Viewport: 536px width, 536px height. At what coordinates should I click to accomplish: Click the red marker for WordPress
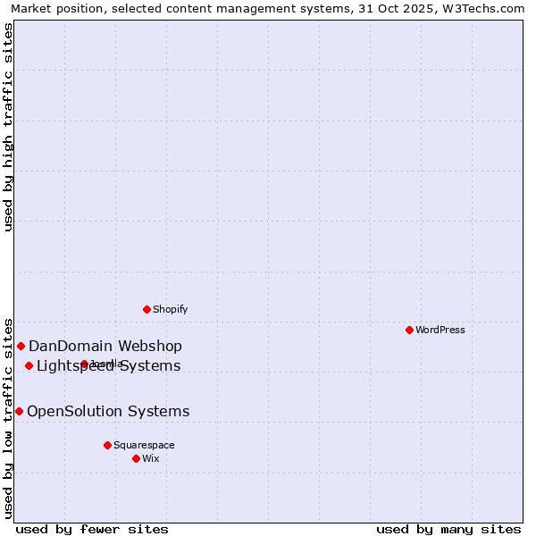[409, 330]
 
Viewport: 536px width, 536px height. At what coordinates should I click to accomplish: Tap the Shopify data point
[147, 309]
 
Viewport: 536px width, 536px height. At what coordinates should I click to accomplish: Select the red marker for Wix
[136, 458]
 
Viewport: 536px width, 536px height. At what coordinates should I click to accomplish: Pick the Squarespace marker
[107, 445]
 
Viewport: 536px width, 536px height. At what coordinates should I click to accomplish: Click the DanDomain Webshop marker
[21, 346]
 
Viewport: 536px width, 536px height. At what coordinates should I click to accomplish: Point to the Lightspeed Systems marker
[29, 365]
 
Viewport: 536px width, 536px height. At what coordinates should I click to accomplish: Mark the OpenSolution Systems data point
[19, 411]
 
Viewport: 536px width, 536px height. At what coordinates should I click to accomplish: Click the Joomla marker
[84, 364]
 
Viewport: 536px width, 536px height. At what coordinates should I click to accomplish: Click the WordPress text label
[440, 330]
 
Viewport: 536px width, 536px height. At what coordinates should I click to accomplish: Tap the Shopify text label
[170, 309]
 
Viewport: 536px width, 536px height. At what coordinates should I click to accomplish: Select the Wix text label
[151, 458]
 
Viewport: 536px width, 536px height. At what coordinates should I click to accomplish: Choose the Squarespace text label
[144, 445]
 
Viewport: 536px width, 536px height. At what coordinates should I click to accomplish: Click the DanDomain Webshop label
[105, 347]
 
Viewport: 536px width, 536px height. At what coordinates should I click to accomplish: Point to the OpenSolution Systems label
[108, 412]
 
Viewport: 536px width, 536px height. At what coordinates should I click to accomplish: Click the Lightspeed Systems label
[109, 366]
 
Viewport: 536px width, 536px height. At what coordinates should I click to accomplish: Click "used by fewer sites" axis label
[92, 529]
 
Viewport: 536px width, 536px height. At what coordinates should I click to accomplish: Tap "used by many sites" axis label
[448, 529]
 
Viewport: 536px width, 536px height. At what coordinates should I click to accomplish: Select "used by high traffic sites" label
[9, 127]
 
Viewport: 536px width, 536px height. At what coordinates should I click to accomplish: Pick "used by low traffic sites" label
[9, 417]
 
